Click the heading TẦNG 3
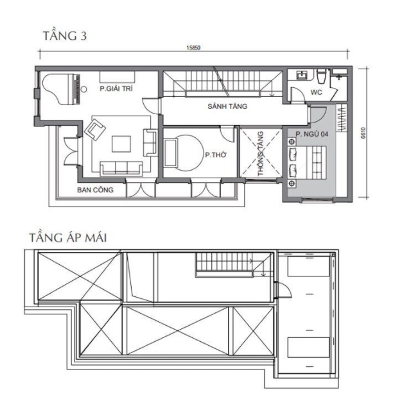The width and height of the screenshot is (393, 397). [x=65, y=35]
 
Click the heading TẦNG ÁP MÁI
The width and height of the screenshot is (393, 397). [x=68, y=237]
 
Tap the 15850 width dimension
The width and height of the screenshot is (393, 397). [x=193, y=47]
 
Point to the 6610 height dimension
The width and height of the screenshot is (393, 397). [x=363, y=133]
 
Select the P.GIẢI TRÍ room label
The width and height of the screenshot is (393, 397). [x=116, y=89]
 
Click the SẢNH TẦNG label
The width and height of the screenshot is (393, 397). [x=227, y=106]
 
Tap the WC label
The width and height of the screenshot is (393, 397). [x=316, y=92]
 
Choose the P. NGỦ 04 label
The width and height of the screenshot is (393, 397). [x=312, y=134]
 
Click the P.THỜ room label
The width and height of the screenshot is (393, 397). [x=216, y=155]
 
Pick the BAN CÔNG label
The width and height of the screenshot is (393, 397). [x=95, y=190]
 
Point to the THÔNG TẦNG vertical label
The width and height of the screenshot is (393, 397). [x=260, y=153]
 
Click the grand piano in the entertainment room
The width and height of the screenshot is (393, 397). [x=61, y=89]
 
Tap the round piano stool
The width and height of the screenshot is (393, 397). [x=83, y=89]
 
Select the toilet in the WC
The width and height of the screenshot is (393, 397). [x=322, y=76]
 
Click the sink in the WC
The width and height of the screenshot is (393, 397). [x=302, y=75]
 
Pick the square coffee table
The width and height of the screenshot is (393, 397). [x=121, y=144]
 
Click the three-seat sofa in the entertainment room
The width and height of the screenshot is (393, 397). [x=121, y=169]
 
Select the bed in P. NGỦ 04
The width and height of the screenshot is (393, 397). [x=307, y=162]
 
